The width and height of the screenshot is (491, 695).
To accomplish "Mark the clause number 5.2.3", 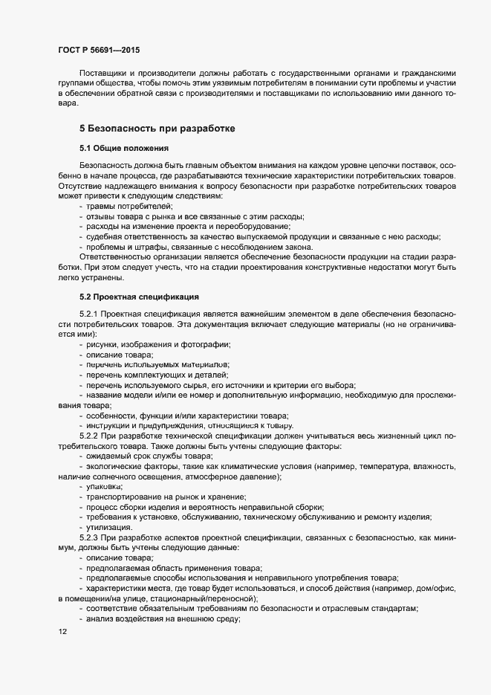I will coord(89,536).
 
